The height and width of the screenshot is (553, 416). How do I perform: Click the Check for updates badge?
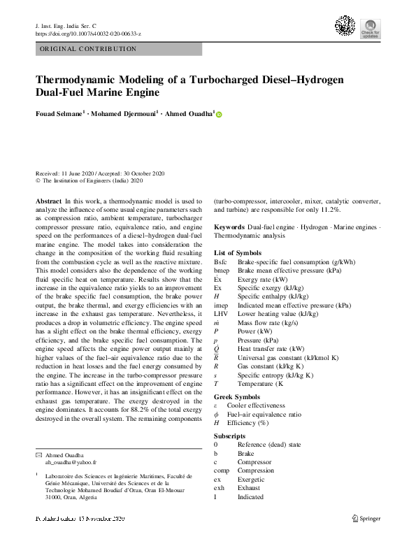click(371, 28)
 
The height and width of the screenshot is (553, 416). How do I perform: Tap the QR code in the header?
click(345, 27)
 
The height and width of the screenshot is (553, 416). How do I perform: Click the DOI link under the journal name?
click(87, 34)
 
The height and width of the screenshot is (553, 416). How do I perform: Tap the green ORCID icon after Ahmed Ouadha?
click(219, 114)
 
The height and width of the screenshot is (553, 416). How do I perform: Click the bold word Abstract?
click(48, 201)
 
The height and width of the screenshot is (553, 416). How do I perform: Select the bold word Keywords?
click(229, 227)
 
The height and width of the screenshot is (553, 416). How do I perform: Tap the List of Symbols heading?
click(238, 252)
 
